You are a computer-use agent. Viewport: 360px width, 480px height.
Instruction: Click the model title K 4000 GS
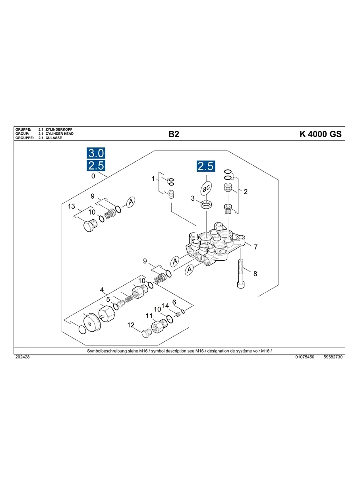[320, 134]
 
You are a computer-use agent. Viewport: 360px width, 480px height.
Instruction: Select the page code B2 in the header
[174, 134]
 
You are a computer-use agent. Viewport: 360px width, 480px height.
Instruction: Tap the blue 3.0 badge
[96, 153]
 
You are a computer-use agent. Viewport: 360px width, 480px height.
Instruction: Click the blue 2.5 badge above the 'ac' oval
[206, 166]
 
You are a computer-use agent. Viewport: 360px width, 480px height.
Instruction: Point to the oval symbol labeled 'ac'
[206, 188]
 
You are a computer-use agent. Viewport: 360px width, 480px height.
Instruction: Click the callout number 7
[255, 247]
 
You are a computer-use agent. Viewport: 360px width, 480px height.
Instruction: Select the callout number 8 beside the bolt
[255, 274]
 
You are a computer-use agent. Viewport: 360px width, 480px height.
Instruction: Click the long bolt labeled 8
[241, 274]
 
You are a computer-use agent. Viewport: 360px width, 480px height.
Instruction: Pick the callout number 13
[72, 206]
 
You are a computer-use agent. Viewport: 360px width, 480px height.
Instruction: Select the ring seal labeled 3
[206, 205]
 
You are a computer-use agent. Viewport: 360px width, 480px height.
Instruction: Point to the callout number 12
[131, 325]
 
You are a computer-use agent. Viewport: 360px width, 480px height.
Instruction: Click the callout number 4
[102, 290]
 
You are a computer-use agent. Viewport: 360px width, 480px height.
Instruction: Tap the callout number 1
[153, 179]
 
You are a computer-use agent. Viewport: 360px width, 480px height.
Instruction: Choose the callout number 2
[246, 192]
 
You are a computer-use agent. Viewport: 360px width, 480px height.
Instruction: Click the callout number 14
[165, 306]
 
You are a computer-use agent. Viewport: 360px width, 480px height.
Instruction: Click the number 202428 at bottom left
[22, 357]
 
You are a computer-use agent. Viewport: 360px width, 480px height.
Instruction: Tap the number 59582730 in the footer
[333, 357]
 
